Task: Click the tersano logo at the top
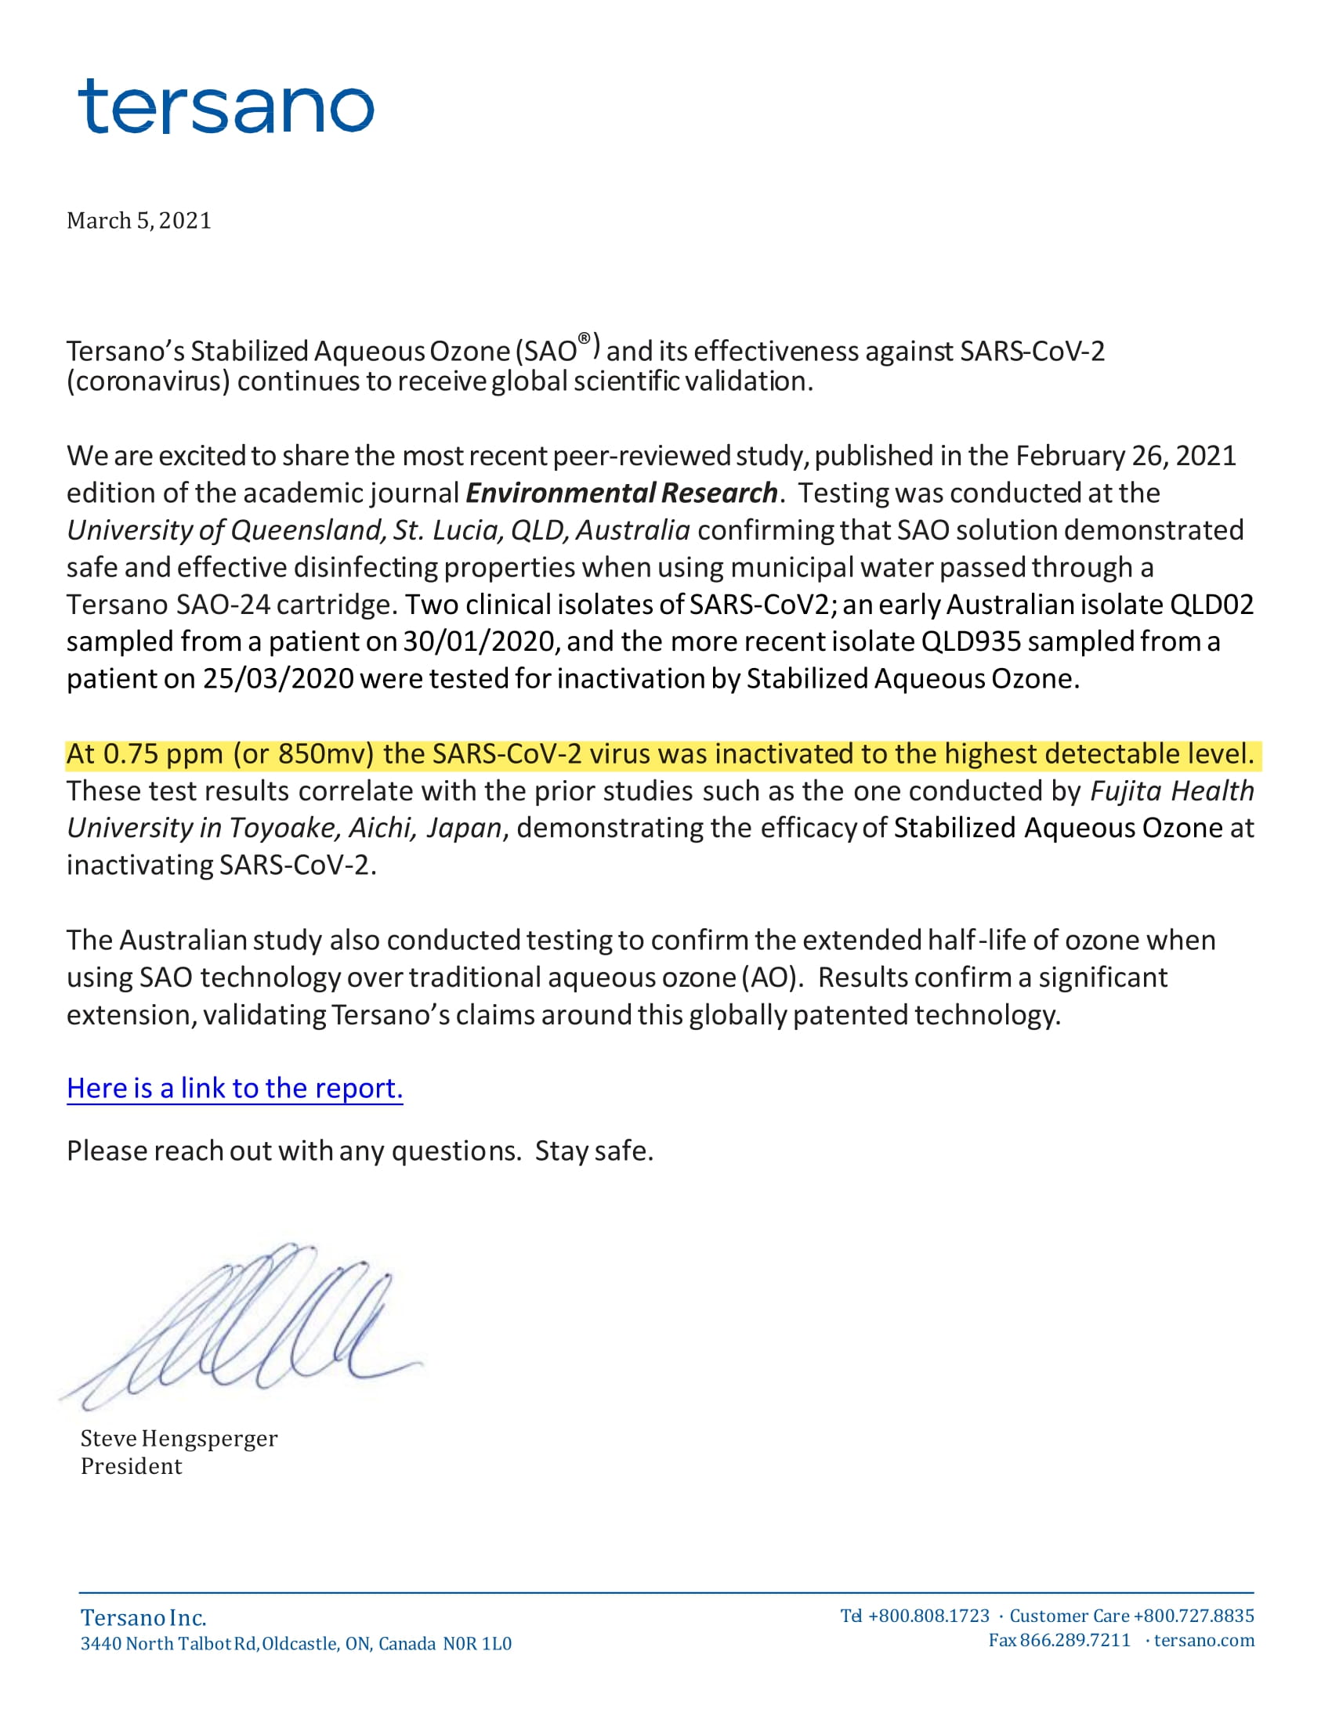226,107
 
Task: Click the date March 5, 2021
139,221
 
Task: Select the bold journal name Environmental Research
621,493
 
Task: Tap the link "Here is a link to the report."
234,1088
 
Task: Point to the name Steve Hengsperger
179,1438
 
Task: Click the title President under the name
131,1466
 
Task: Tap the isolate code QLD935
971,641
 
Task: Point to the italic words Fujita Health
1172,790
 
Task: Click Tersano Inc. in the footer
143,1618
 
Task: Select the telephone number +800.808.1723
928,1616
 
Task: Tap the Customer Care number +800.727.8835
1193,1616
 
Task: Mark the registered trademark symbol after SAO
584,338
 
